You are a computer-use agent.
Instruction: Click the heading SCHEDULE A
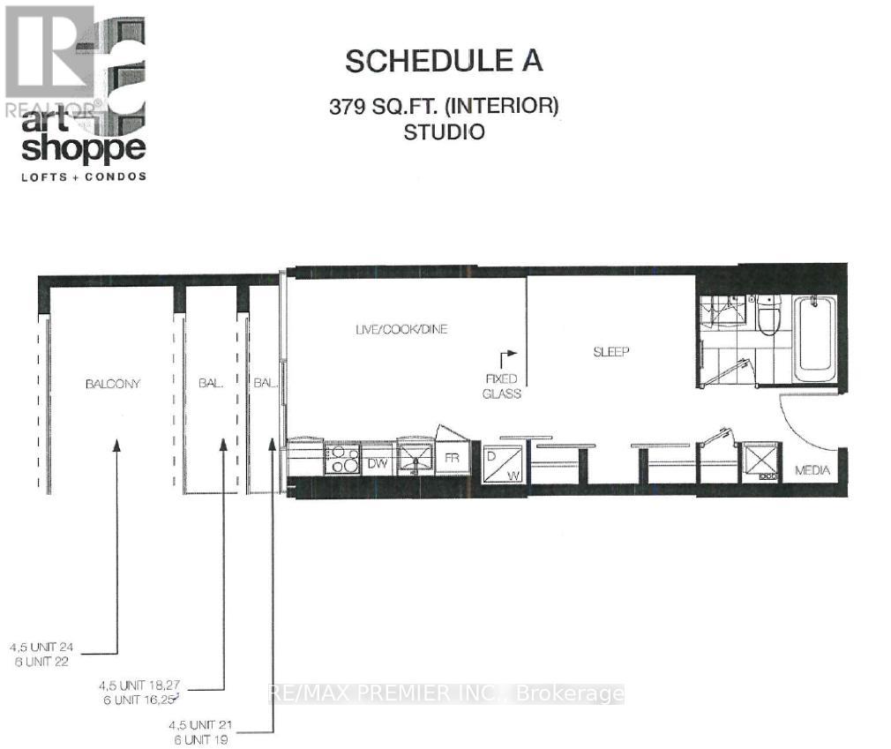point(443,61)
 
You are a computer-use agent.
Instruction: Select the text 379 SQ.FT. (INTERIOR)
point(445,107)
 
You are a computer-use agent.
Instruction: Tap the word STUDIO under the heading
point(444,133)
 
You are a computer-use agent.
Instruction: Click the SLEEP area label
point(610,352)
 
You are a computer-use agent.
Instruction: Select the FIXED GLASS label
point(501,386)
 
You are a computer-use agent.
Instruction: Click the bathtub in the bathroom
point(814,340)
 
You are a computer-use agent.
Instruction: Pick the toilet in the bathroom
point(767,315)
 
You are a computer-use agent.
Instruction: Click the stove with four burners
point(341,459)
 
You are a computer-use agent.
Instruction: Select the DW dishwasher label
point(377,462)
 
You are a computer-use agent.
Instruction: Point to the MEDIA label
point(812,470)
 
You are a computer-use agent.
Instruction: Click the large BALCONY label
point(113,384)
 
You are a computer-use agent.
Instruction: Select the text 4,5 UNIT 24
point(41,646)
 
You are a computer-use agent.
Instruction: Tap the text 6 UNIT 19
point(201,739)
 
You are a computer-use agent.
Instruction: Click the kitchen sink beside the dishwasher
point(412,458)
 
